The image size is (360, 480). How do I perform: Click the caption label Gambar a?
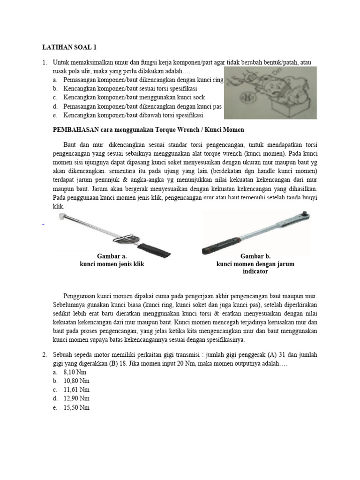(112, 256)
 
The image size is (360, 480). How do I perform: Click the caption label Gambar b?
(255, 256)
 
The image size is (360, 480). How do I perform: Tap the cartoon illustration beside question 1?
(270, 93)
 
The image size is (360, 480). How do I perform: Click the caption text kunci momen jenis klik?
(112, 264)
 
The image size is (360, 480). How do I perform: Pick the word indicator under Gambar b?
(255, 271)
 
